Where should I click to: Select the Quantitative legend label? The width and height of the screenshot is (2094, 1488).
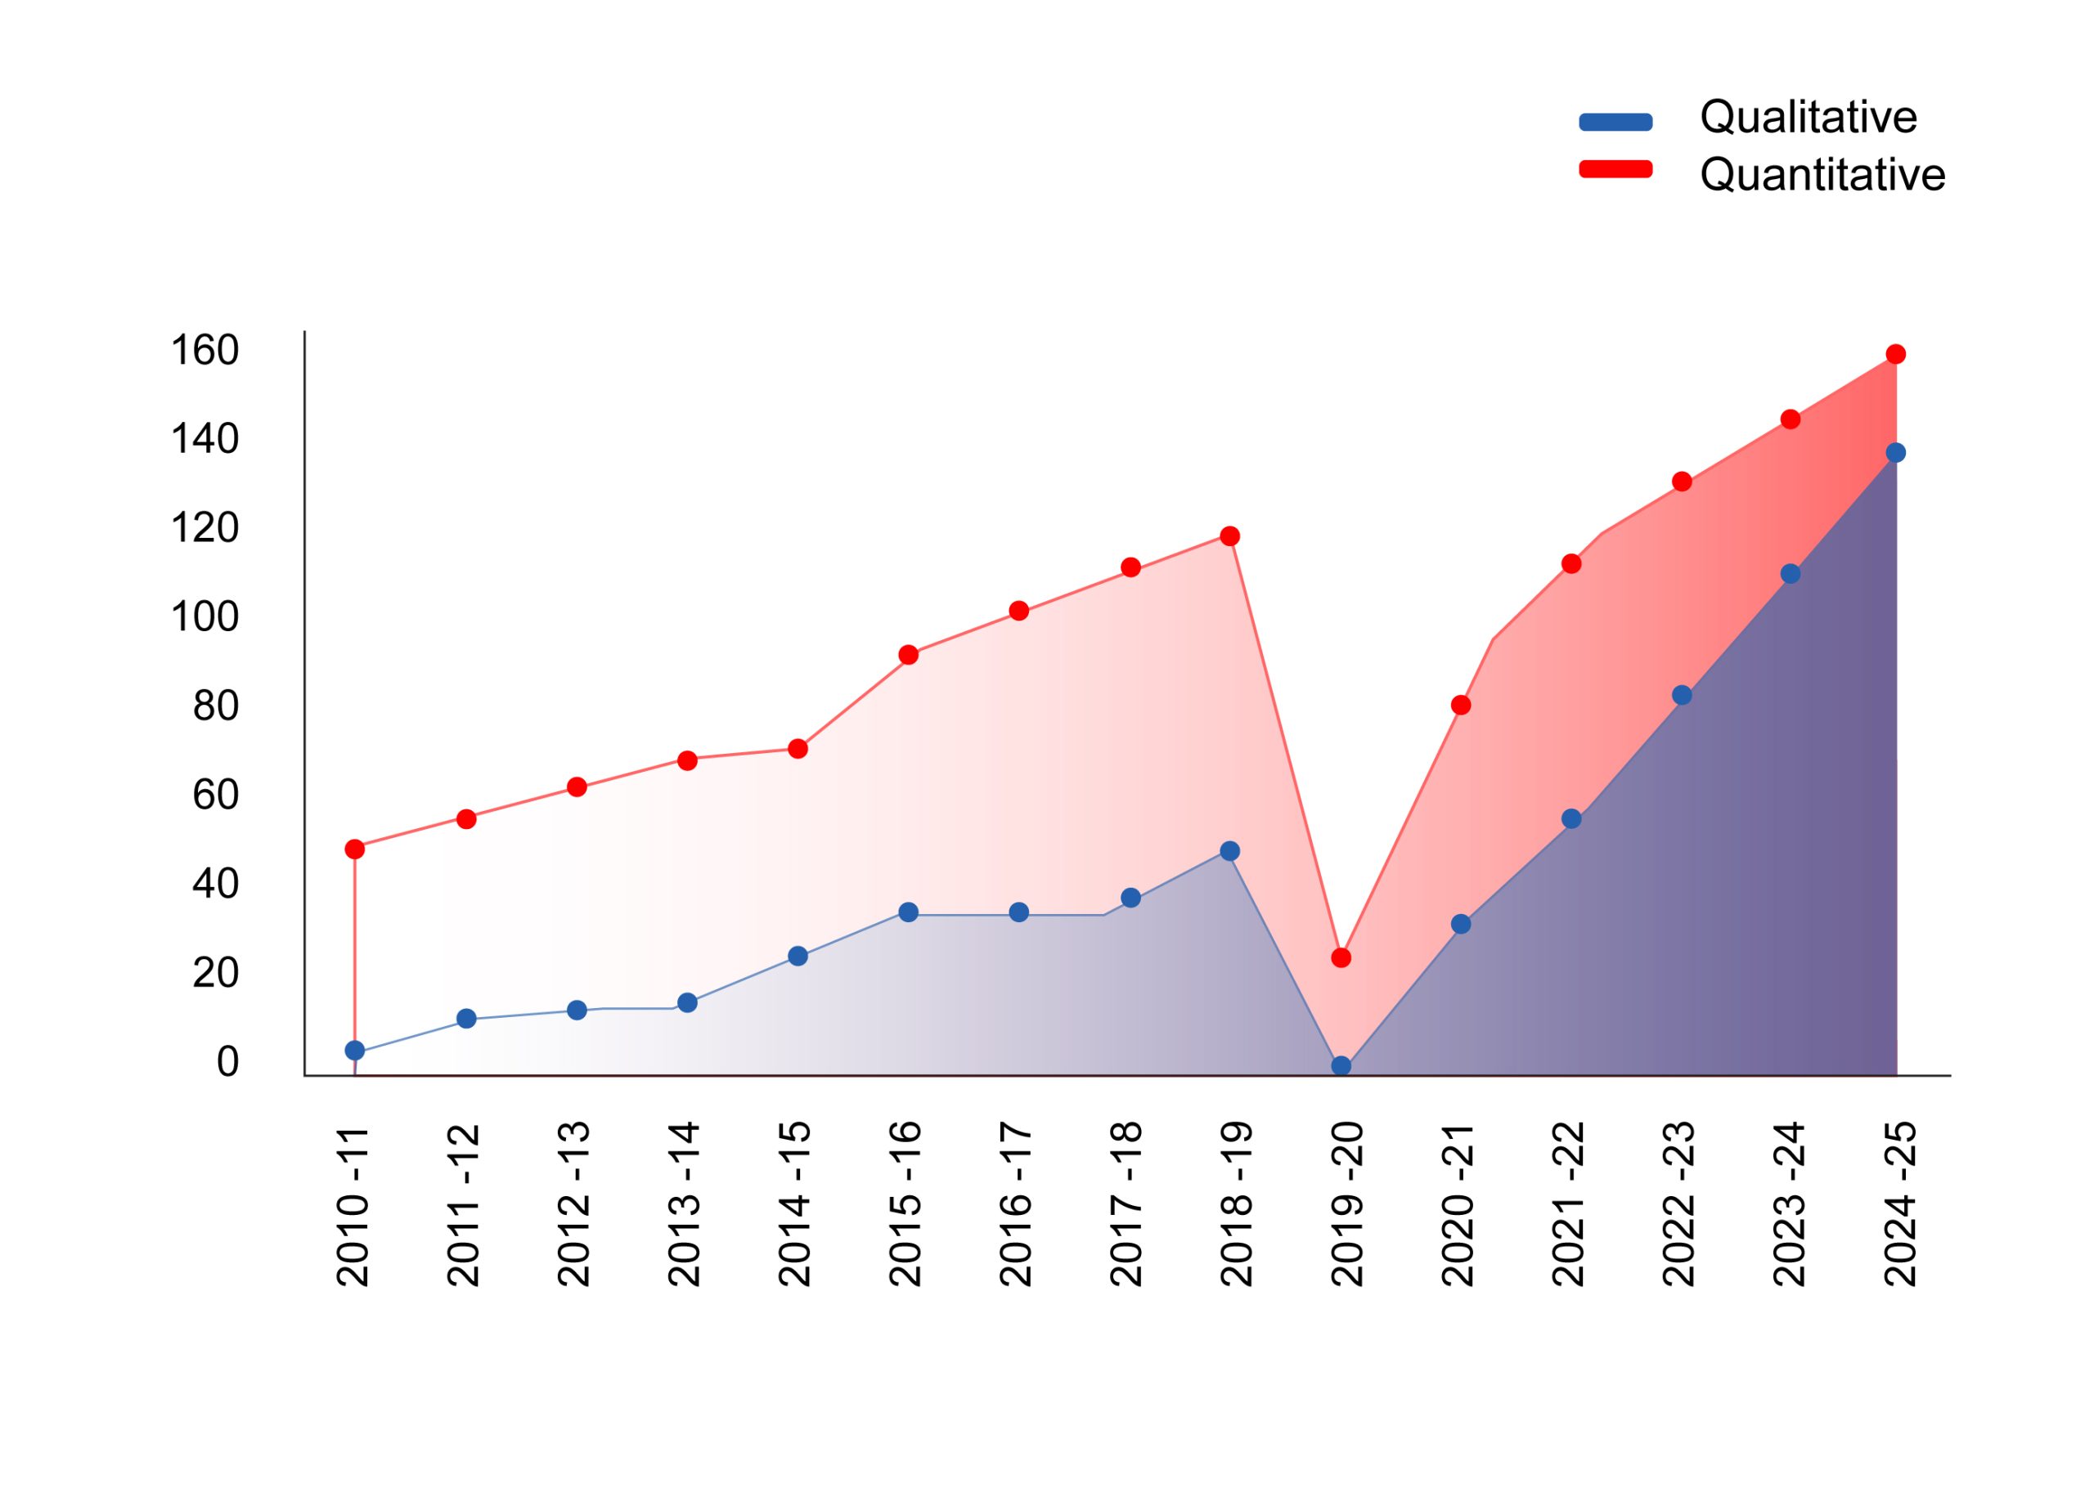(1822, 175)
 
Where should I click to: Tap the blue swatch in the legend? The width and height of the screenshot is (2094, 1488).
(1615, 123)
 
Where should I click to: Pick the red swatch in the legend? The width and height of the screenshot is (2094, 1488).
(1615, 169)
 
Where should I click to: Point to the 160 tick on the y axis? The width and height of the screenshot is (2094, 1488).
(204, 350)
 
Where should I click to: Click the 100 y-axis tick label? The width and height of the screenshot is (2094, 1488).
(204, 617)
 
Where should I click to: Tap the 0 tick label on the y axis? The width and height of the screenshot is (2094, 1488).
(227, 1062)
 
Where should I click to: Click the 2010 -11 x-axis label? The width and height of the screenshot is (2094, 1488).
(353, 1205)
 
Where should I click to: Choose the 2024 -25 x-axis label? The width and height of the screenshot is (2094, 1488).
(1901, 1205)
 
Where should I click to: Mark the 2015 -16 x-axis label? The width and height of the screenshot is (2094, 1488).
(906, 1205)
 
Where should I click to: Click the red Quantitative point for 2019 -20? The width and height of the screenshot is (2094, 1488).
(1341, 958)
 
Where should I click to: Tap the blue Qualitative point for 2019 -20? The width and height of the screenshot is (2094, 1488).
(1341, 1065)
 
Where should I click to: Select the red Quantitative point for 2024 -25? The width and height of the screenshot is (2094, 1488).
(1896, 355)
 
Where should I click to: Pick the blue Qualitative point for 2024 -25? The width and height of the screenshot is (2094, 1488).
(1896, 453)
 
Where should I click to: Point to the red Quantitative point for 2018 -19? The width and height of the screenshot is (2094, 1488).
(1230, 536)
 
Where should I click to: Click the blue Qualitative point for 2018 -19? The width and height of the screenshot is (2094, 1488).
(1230, 851)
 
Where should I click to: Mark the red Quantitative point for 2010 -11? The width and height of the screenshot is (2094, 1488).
(355, 849)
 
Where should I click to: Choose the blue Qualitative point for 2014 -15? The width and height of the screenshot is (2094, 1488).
(798, 957)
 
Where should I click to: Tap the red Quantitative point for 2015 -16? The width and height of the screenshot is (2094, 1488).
(908, 655)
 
